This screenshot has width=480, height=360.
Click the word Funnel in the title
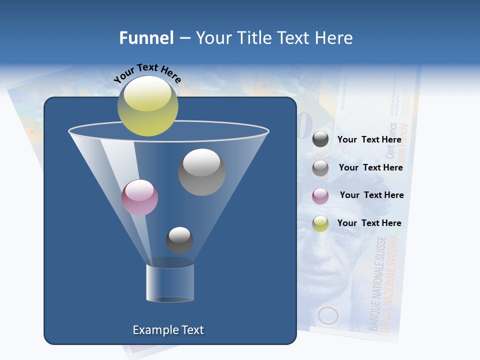pos(146,37)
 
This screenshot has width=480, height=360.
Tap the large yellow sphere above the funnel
pos(147,105)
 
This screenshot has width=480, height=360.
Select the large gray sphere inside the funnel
pos(201,172)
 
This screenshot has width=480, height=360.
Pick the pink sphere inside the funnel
pos(139,197)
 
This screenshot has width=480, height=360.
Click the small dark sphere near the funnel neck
pos(179,240)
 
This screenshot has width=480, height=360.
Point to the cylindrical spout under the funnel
pos(170,282)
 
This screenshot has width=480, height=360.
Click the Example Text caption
pos(168,330)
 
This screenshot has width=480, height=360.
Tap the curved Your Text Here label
pos(147,73)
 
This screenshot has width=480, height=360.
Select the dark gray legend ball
pos(320,139)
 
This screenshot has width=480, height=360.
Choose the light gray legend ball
pos(320,168)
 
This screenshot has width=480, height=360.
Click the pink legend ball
pos(320,195)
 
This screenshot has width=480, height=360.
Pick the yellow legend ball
pos(320,223)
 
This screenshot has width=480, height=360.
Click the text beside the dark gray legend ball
pos(369,139)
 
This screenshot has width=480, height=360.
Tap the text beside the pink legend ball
pos(371,195)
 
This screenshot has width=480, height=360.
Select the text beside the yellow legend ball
pos(369,223)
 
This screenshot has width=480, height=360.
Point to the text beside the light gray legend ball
pos(370,167)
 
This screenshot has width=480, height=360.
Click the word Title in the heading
pos(254,37)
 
